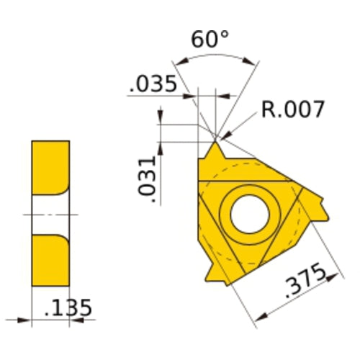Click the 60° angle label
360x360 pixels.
click(x=210, y=40)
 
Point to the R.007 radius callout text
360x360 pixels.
click(x=293, y=109)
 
